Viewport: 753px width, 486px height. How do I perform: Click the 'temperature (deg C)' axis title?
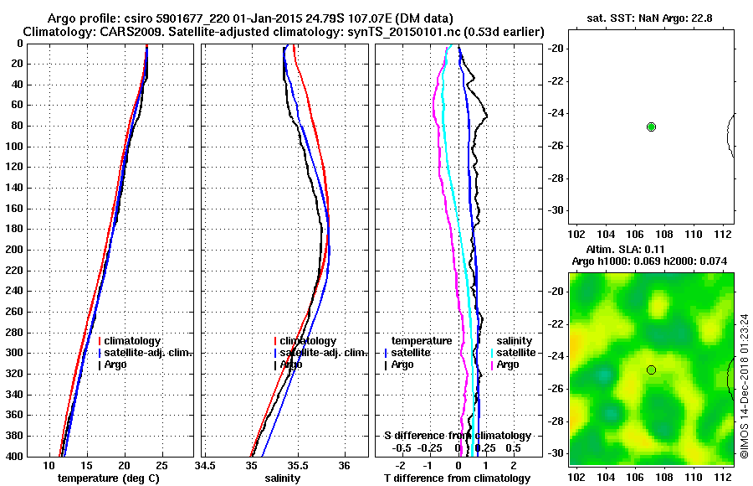(108, 478)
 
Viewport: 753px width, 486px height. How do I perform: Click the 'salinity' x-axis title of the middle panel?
(284, 478)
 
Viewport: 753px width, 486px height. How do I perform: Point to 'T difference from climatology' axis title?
(456, 478)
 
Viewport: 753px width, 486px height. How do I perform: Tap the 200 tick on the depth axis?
(13, 250)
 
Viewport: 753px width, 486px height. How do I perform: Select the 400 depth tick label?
(13, 457)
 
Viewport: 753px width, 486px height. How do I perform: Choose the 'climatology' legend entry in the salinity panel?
(308, 341)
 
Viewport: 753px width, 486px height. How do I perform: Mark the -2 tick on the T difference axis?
(400, 465)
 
